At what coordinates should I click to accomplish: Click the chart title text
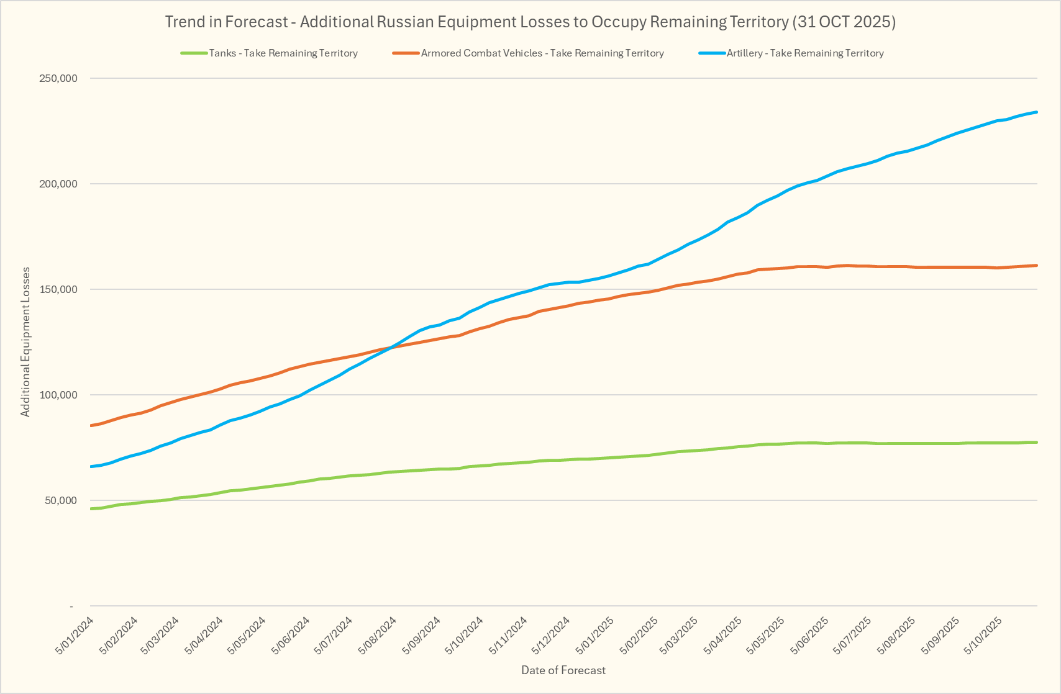pos(530,22)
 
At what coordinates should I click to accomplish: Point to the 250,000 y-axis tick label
pos(58,78)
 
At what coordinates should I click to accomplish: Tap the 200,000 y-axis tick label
pos(58,184)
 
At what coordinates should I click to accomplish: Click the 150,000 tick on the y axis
pos(58,289)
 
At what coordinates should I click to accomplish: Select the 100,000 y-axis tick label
pos(58,395)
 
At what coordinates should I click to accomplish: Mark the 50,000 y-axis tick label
pos(60,500)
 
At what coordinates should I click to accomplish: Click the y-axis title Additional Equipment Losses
pos(25,342)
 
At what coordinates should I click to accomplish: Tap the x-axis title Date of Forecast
pos(563,670)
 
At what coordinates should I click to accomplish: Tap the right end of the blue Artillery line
pos(1037,112)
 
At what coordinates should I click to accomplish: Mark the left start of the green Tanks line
pos(91,508)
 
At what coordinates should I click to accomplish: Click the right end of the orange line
pos(1037,266)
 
